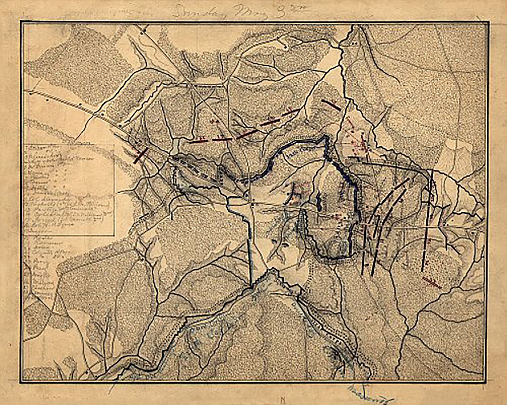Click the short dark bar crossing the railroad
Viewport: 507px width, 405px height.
click(x=140, y=155)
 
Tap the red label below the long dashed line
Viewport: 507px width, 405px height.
click(x=431, y=281)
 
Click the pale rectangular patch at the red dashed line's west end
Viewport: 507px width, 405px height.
click(x=175, y=146)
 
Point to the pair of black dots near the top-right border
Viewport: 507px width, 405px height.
click(x=355, y=42)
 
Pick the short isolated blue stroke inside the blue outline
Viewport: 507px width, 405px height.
click(x=319, y=200)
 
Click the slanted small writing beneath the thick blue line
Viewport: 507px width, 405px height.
click(x=295, y=154)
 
